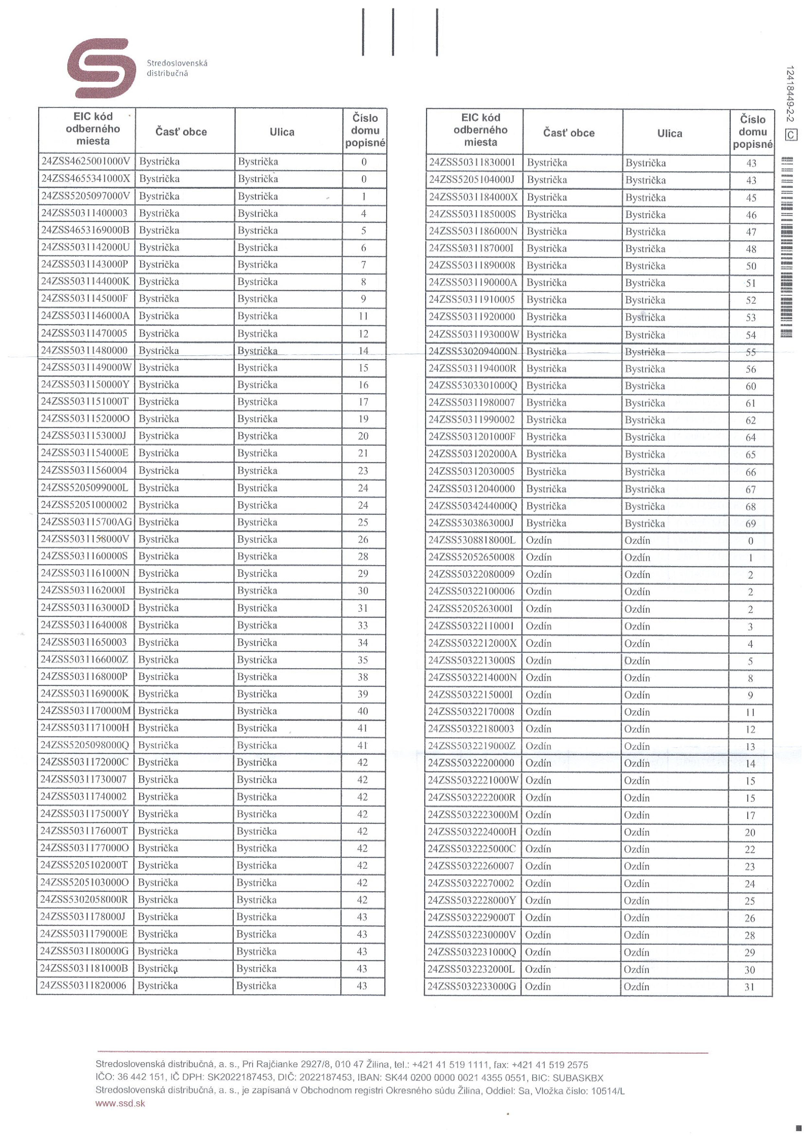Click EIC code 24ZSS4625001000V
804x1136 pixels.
tap(86, 161)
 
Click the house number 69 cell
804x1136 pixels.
tap(751, 523)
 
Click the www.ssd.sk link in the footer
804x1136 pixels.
tap(120, 1103)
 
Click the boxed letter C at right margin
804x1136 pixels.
tap(791, 135)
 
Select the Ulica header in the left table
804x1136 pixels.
tap(282, 132)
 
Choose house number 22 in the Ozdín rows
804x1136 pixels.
tap(750, 849)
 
